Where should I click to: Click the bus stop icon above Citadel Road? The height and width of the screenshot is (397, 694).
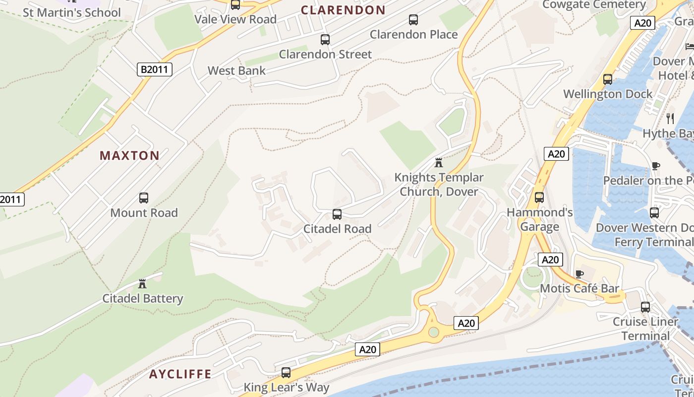(x=337, y=214)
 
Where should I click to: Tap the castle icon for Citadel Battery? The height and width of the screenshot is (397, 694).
(x=143, y=284)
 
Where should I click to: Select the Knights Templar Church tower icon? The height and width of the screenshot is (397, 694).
(x=438, y=163)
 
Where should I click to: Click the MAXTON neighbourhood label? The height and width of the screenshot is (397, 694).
(x=129, y=156)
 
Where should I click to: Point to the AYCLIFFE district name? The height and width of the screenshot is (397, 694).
(x=180, y=374)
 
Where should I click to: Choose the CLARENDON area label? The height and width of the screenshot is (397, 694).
(x=343, y=10)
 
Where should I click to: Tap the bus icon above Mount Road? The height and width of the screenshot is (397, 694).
(x=144, y=198)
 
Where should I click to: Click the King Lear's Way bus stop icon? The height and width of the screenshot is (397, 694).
(x=286, y=373)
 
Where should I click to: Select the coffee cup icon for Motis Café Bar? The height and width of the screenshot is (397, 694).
(x=578, y=274)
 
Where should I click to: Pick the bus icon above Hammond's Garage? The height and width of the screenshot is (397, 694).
(x=539, y=197)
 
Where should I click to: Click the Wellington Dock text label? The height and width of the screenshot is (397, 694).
(x=608, y=94)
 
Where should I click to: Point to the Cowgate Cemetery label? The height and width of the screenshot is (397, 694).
(x=594, y=5)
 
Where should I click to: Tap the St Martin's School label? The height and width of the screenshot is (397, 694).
(x=72, y=13)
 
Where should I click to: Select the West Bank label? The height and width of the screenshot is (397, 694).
(x=236, y=70)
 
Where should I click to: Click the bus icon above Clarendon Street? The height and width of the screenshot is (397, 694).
(x=325, y=40)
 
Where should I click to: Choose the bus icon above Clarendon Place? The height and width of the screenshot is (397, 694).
(x=413, y=20)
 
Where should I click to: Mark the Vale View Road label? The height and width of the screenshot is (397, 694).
(x=235, y=19)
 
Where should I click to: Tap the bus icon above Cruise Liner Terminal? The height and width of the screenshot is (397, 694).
(x=645, y=307)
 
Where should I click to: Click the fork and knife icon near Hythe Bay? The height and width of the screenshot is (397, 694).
(x=670, y=118)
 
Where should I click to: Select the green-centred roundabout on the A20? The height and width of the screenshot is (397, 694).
(x=434, y=332)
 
